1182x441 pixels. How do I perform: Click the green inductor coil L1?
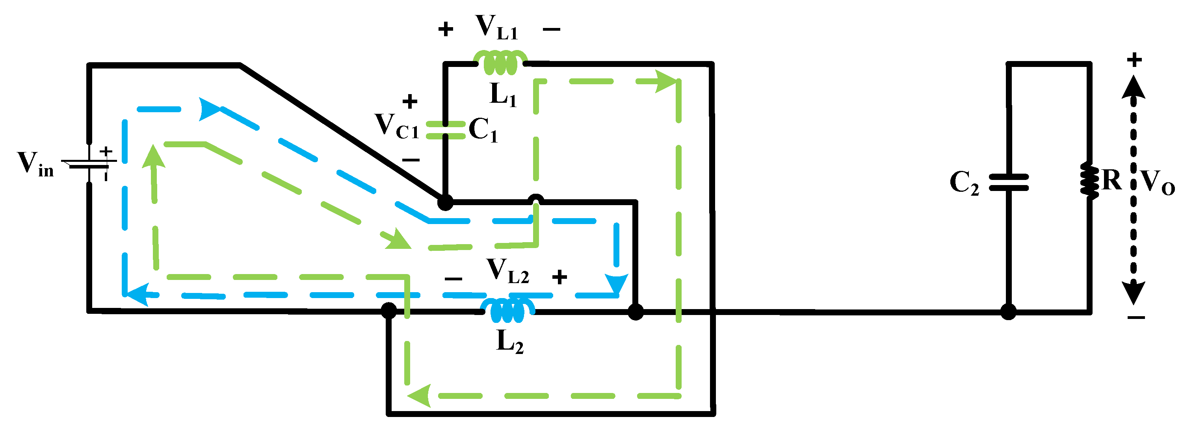500,63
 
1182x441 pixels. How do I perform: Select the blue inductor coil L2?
507,311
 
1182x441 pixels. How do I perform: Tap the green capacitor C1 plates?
445,130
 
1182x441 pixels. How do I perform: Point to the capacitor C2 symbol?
1008,182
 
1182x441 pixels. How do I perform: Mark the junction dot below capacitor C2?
1008,312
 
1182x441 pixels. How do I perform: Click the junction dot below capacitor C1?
444,202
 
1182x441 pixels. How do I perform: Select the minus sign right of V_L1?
551,30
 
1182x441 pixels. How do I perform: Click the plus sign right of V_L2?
559,277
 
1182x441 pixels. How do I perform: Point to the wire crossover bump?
535,199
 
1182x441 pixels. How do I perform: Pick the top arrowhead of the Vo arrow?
1134,87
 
